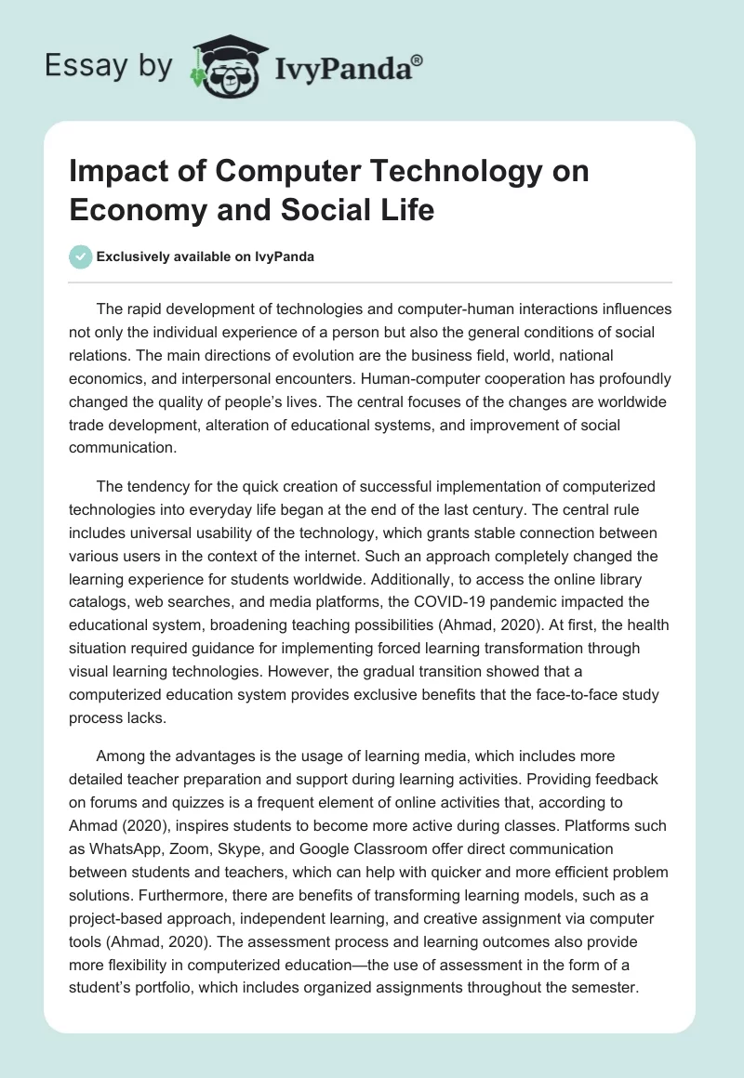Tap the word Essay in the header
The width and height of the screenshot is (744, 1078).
76,67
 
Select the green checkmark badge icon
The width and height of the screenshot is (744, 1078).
81,256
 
